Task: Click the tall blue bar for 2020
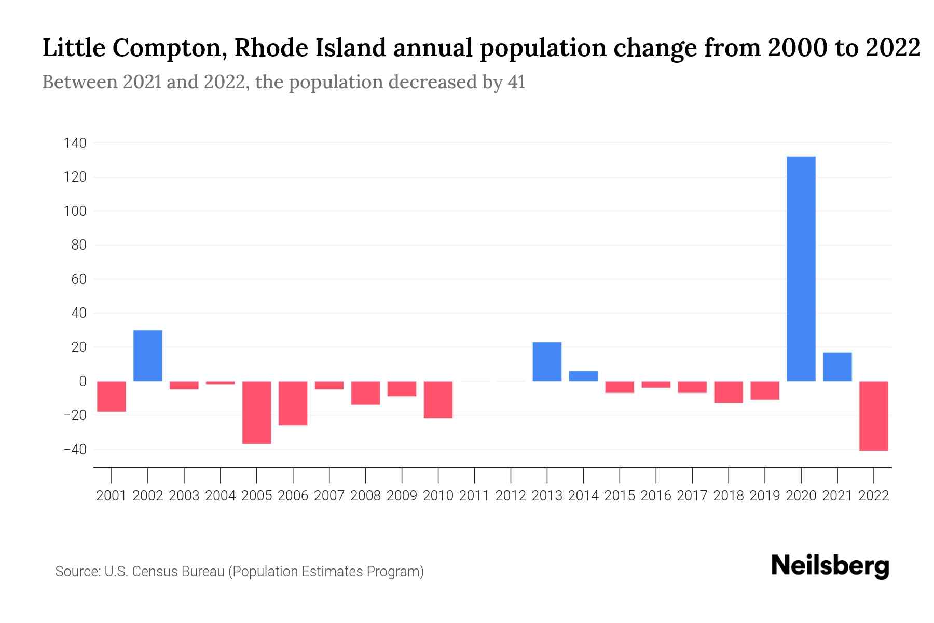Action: [801, 269]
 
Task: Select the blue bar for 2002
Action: [148, 356]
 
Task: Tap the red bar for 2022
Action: [873, 415]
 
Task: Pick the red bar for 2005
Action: [256, 412]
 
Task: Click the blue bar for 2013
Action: [547, 361]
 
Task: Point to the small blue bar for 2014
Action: [583, 376]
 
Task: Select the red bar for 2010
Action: [438, 400]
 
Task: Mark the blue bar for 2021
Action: [837, 367]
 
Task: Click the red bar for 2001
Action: [112, 396]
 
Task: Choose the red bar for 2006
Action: [293, 403]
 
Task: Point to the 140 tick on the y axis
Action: [75, 143]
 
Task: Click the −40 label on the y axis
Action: [75, 450]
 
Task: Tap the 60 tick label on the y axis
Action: [78, 279]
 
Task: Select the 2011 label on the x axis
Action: [474, 496]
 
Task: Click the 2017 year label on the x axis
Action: [692, 496]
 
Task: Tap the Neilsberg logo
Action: [830, 566]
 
